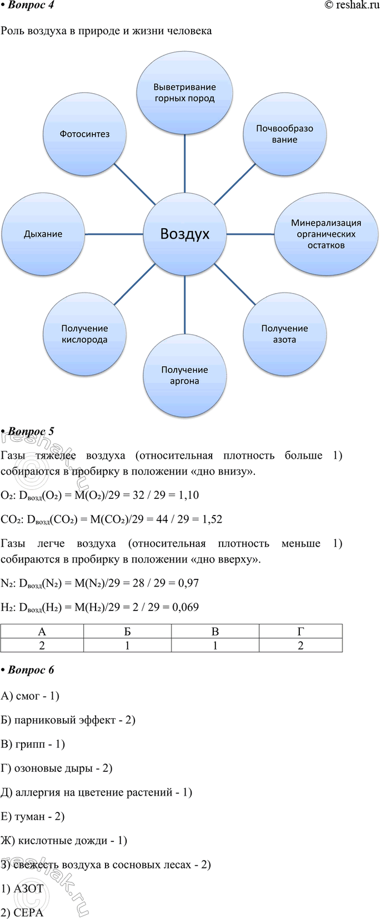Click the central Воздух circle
pyautogui.click(x=184, y=234)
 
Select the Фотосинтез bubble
pyautogui.click(x=84, y=134)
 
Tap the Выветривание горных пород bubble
pyautogui.click(x=184, y=93)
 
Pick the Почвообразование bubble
pyautogui.click(x=284, y=134)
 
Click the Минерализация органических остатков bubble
pyautogui.click(x=326, y=234)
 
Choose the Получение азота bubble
pyautogui.click(x=284, y=334)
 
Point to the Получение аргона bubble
pyautogui.click(x=184, y=375)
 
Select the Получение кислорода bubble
pyautogui.click(x=84, y=334)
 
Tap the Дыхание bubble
pyautogui.click(x=43, y=234)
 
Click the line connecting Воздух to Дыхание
pyautogui.click(x=114, y=234)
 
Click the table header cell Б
pyautogui.click(x=127, y=631)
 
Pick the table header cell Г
pyautogui.click(x=300, y=631)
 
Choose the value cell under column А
pyautogui.click(x=42, y=645)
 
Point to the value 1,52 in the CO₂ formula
pyautogui.click(x=212, y=519)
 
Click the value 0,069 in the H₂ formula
pyautogui.click(x=186, y=607)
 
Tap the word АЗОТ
pyautogui.click(x=29, y=888)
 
